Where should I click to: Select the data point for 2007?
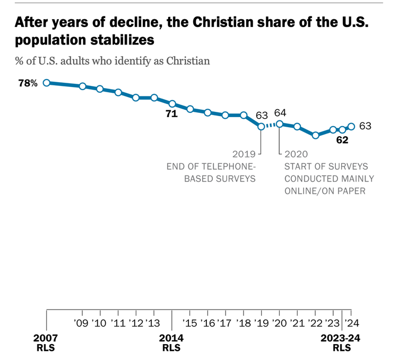(x=47, y=83)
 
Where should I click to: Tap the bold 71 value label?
(x=171, y=114)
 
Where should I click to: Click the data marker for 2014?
(x=172, y=103)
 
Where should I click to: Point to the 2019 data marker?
(x=261, y=126)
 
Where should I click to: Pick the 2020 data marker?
(x=279, y=124)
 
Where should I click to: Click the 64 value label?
(x=280, y=113)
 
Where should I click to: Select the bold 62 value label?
(x=342, y=141)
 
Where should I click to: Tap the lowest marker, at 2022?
(x=315, y=135)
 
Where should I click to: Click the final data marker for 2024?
(x=351, y=126)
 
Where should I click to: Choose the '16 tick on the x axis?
(x=207, y=323)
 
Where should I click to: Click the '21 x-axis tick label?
(x=297, y=323)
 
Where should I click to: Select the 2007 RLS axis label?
(x=47, y=343)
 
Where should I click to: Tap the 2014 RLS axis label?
(x=172, y=343)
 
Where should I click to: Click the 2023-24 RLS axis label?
(x=341, y=343)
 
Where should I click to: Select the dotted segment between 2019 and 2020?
(x=270, y=125)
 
